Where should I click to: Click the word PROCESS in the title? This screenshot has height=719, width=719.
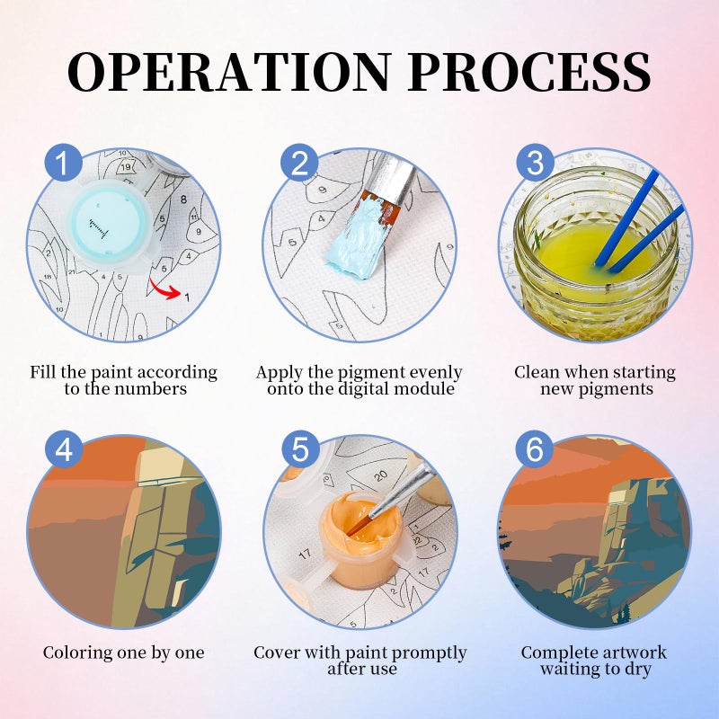click(x=529, y=72)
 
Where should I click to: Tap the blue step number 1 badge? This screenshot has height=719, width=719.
click(x=63, y=162)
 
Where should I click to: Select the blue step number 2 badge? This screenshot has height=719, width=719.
click(x=299, y=162)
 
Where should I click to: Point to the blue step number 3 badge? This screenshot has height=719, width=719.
click(x=535, y=162)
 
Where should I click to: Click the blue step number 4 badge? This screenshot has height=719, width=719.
click(x=63, y=448)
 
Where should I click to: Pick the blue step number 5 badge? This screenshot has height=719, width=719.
click(x=300, y=448)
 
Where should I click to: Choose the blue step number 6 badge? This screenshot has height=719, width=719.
click(x=535, y=448)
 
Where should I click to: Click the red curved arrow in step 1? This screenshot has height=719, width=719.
click(x=164, y=289)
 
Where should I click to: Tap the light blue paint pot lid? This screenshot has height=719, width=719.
click(x=109, y=225)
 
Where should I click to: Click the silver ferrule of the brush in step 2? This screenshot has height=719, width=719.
click(x=392, y=180)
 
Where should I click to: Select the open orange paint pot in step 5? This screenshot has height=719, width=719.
click(x=363, y=537)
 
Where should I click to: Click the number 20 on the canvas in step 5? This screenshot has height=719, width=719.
click(x=380, y=476)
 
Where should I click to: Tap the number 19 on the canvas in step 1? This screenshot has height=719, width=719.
click(x=126, y=167)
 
